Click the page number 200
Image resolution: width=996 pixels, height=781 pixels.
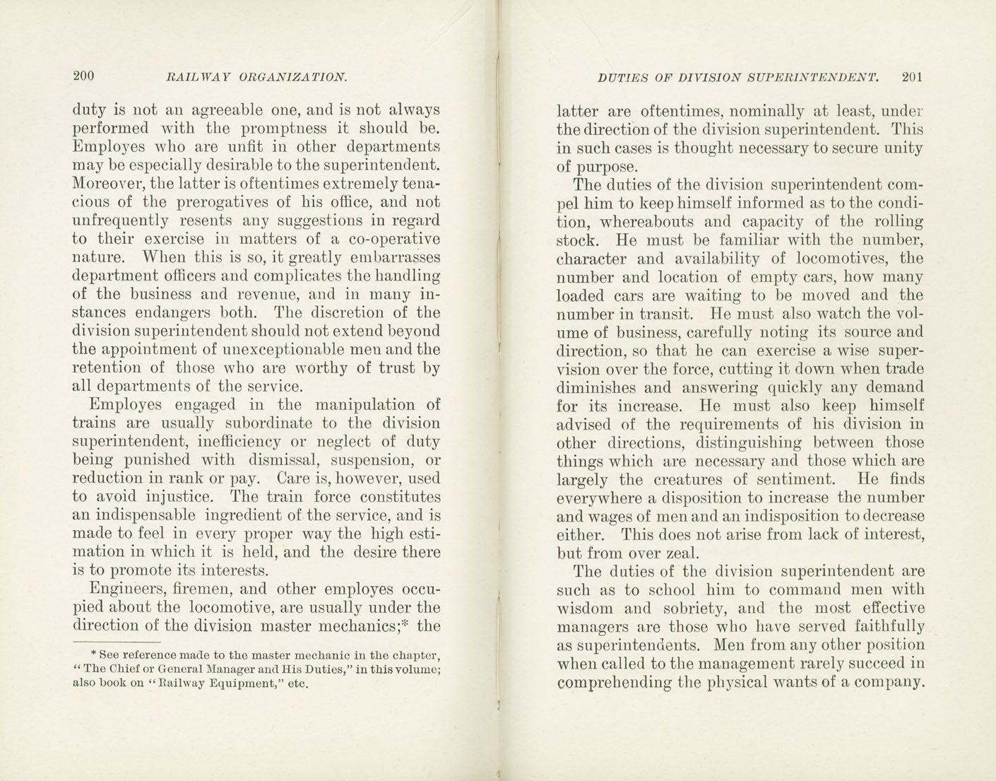[83, 76]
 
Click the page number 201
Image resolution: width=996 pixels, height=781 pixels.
[912, 78]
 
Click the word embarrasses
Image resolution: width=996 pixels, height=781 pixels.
[389, 257]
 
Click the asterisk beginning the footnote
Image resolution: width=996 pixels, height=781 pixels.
[94, 654]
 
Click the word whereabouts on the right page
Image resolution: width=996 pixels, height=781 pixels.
[641, 222]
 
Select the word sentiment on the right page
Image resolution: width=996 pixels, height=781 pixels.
[803, 479]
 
